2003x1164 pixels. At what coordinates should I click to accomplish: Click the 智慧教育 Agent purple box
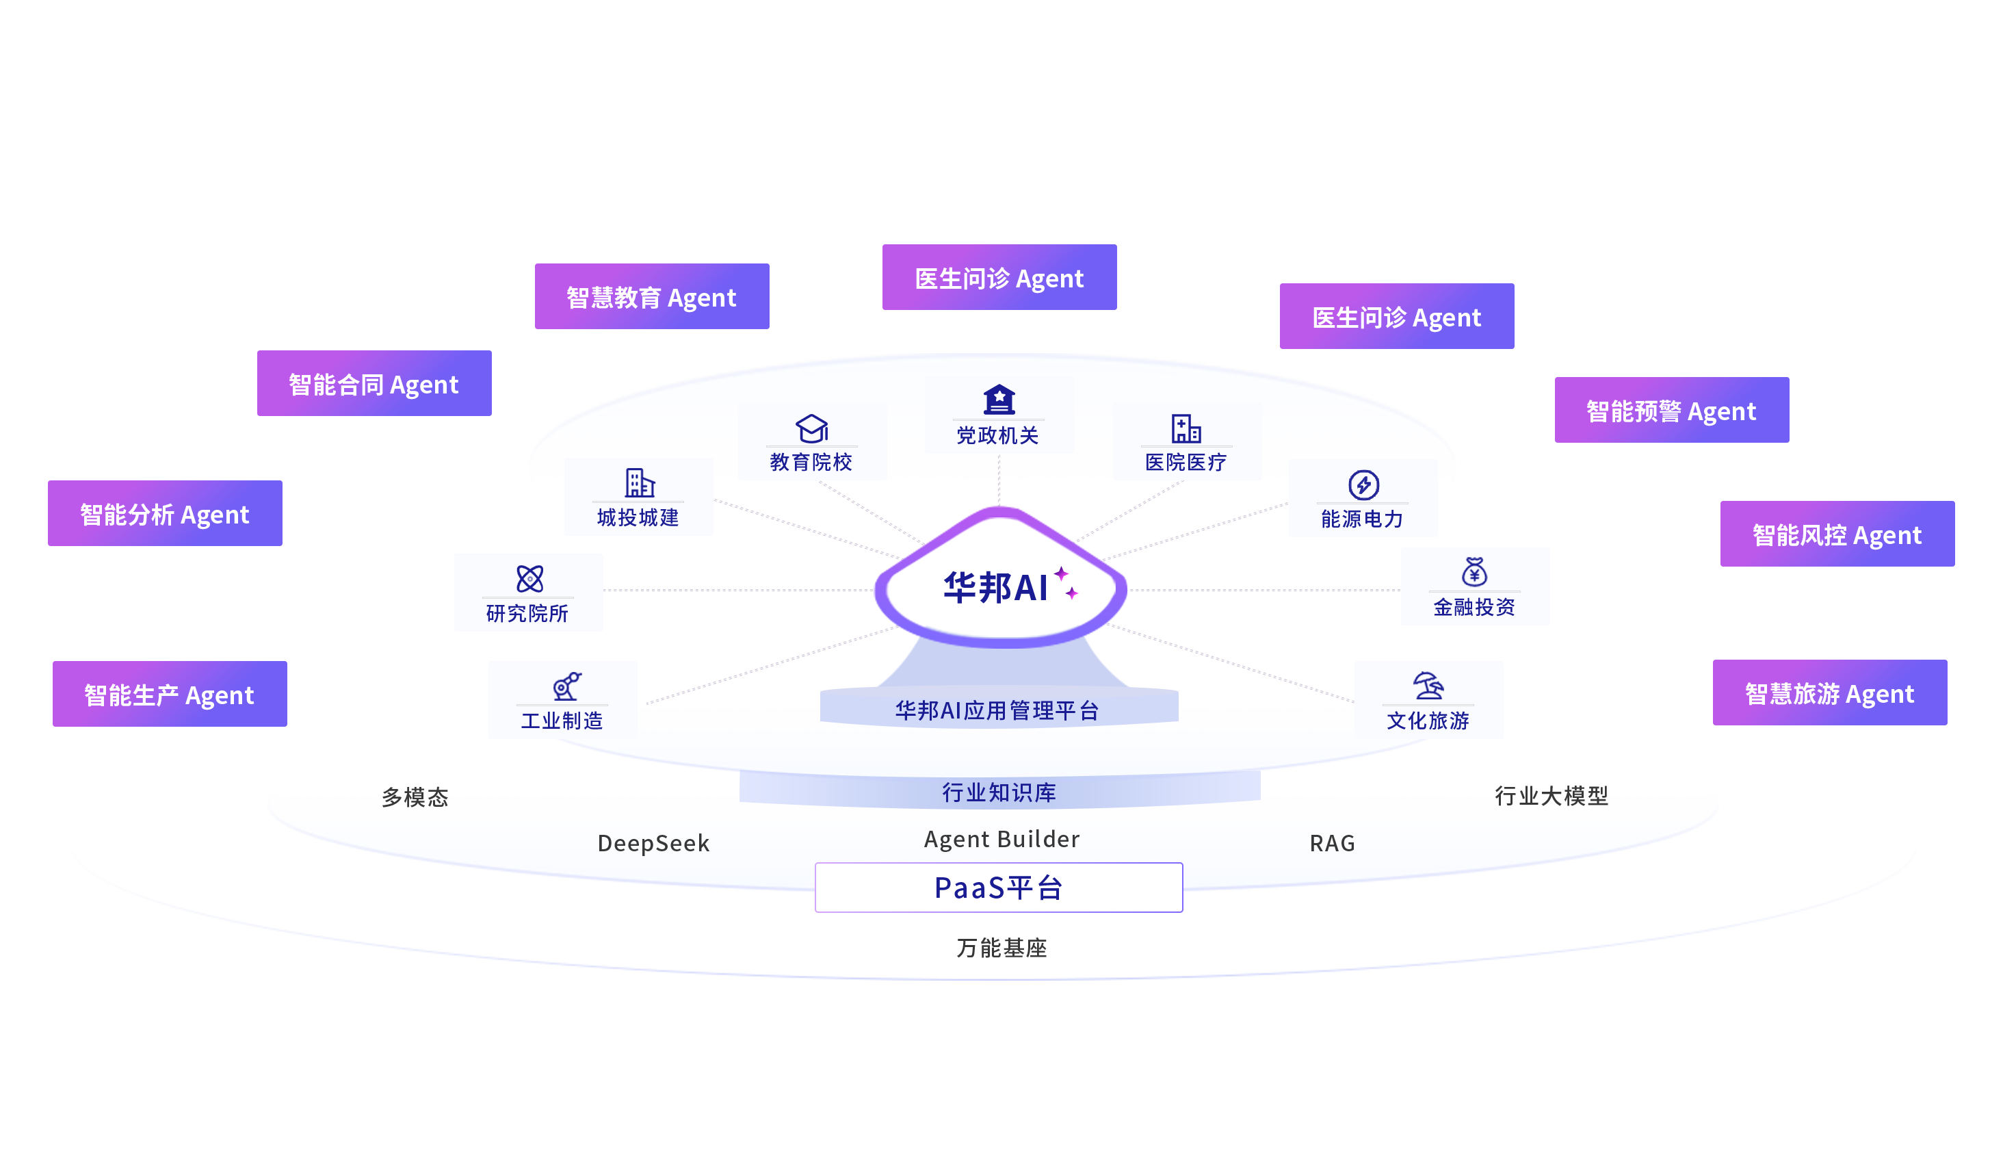pos(652,296)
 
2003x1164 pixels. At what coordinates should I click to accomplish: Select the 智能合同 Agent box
pos(374,383)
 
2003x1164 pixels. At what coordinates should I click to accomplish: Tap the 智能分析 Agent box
pos(165,514)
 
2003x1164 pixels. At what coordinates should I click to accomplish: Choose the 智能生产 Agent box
pos(169,694)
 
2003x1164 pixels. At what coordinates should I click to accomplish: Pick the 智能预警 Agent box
pos(1671,411)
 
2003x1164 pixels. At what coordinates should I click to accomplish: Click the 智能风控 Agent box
pos(1836,534)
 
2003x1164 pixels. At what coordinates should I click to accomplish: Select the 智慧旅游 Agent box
pos(1829,693)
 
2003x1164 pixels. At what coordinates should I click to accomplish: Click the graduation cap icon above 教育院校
pos(811,428)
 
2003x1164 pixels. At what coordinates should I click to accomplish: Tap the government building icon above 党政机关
pos(999,399)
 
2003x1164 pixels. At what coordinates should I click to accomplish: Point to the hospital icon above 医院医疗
pos(1186,428)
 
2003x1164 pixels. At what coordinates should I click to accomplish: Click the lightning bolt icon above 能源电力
pos(1363,484)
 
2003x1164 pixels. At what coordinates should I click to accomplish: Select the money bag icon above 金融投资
pos(1474,571)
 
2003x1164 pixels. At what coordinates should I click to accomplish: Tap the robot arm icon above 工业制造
pos(566,686)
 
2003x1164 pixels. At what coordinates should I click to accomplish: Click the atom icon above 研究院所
pos(529,579)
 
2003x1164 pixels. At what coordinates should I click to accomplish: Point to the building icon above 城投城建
pos(639,482)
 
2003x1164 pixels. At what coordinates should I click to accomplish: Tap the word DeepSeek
pos(653,843)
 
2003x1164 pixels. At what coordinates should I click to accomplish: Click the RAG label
pos(1332,843)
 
